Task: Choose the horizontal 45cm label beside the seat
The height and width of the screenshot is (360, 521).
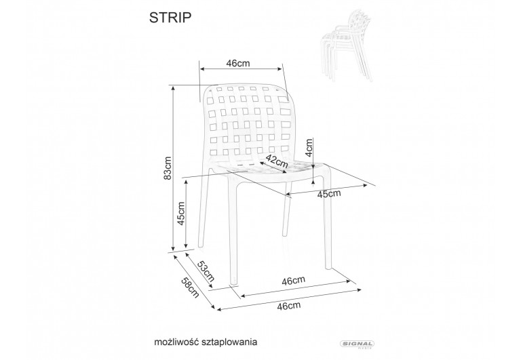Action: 329,194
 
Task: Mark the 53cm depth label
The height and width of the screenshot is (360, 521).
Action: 206,269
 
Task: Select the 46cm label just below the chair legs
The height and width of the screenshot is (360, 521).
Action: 293,280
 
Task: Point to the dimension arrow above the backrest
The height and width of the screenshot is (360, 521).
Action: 241,69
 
